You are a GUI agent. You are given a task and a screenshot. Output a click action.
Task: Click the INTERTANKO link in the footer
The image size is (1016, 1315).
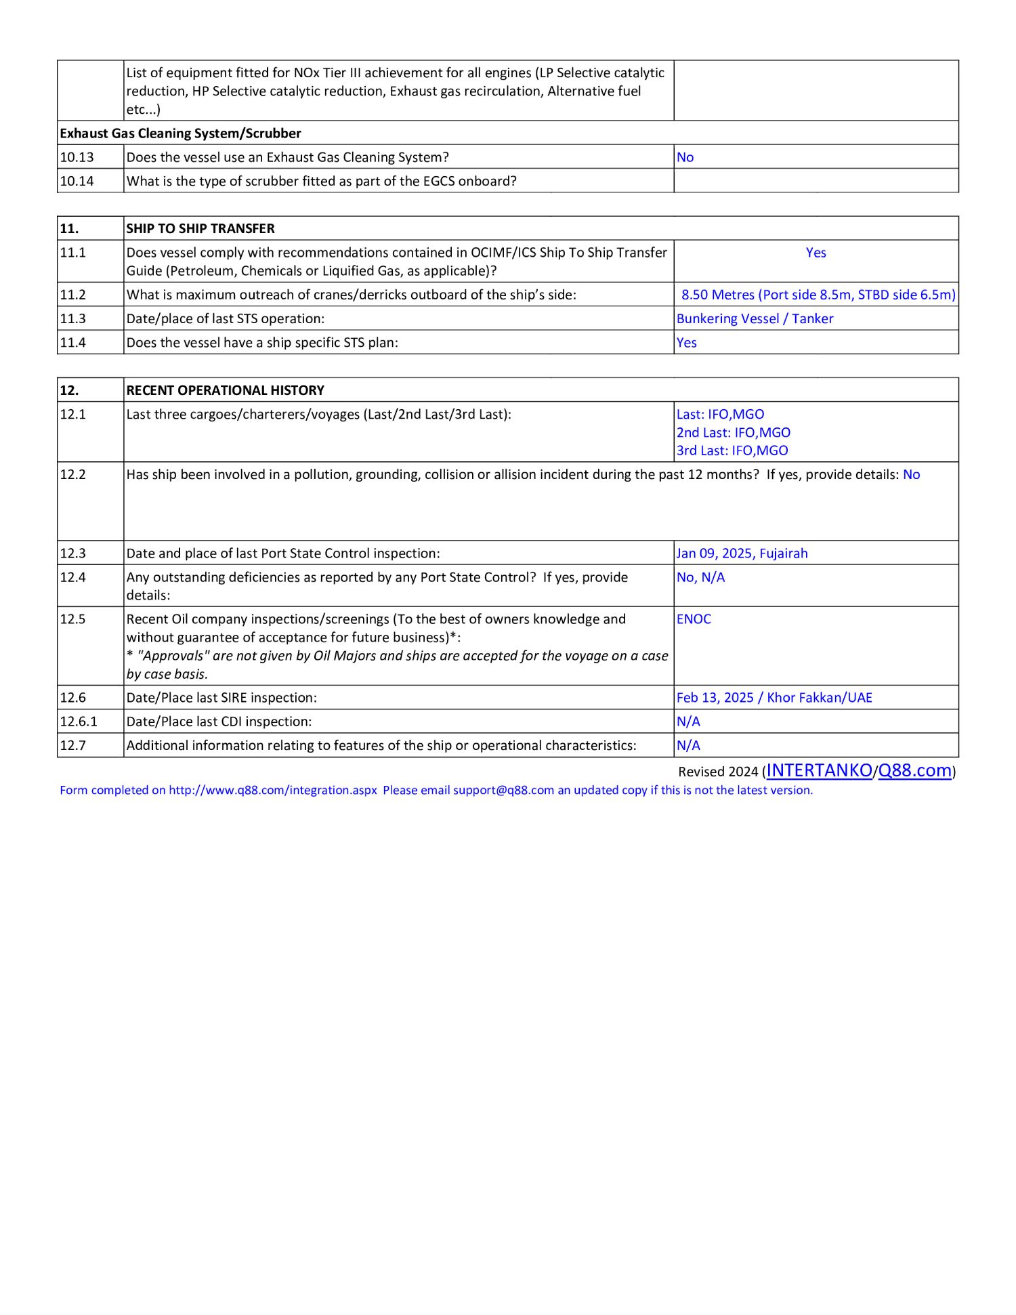coord(819,770)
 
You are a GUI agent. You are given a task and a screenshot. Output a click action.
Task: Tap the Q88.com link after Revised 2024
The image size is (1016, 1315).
coord(914,770)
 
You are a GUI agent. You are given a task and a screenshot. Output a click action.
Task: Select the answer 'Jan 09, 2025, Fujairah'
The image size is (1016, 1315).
coord(742,554)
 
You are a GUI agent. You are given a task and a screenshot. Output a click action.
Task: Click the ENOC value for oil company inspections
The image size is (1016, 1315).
coord(694,619)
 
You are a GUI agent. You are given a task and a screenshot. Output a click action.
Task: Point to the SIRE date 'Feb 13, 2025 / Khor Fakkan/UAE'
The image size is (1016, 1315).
coord(774,698)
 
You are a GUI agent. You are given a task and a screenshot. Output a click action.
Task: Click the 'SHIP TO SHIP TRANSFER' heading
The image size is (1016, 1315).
coord(200,229)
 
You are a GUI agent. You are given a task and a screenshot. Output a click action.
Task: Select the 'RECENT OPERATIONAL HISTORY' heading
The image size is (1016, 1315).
coord(225,391)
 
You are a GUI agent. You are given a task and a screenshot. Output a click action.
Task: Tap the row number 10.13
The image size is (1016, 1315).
coord(77,157)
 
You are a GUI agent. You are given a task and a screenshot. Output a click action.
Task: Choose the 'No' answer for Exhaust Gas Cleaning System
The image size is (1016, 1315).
coord(685,157)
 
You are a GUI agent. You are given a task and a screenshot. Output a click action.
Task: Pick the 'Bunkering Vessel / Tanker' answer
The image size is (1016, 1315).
coord(755,319)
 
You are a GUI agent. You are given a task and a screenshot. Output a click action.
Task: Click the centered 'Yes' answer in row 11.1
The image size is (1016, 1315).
coord(816,253)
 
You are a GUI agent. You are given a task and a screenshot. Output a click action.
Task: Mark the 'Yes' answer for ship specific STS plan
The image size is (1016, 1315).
coord(686,343)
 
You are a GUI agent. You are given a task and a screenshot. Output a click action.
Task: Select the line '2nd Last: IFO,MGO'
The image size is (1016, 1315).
coord(733,433)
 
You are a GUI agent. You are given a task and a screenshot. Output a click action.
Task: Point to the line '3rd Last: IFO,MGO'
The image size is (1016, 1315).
coord(732,451)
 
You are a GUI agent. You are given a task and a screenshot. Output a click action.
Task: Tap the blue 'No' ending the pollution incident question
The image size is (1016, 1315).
coord(911,475)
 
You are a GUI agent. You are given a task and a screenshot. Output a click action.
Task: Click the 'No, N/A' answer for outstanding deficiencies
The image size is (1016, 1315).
coord(700,577)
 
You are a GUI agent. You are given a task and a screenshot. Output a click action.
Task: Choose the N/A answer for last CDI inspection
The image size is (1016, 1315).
coord(688,722)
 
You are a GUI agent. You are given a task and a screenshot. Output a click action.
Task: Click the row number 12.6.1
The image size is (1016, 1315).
coord(79,722)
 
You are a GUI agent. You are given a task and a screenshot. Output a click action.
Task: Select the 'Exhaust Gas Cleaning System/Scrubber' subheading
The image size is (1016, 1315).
coord(180,133)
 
